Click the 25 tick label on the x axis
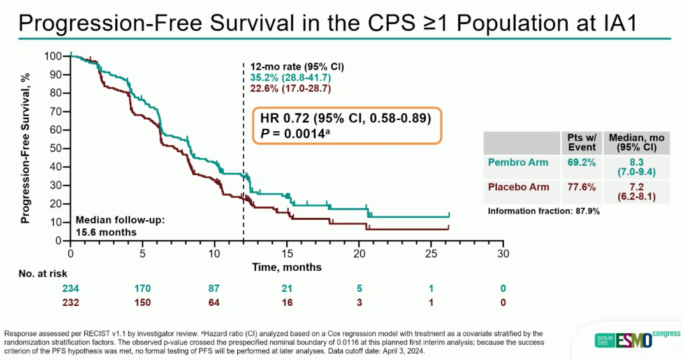(432, 253)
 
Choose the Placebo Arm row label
(519, 187)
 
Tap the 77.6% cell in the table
(581, 187)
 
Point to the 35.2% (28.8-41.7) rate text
(290, 77)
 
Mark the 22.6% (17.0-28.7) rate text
(290, 89)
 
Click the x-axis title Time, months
(286, 266)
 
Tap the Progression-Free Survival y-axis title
(26, 147)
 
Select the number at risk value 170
(143, 289)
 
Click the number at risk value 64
(215, 302)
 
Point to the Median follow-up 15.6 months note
(120, 226)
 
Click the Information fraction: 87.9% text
(544, 211)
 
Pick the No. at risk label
(42, 273)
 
